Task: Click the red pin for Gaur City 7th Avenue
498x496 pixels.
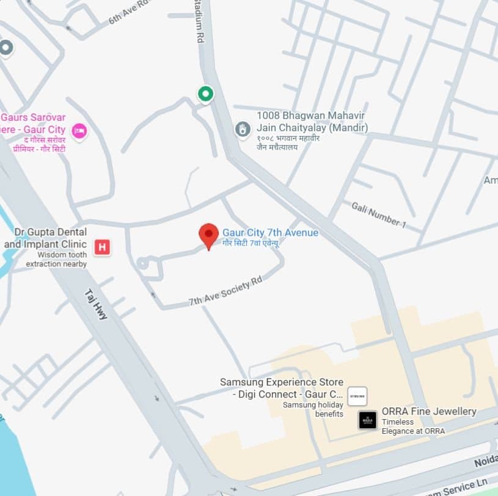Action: click(x=208, y=235)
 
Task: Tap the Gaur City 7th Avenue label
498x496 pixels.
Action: click(x=270, y=233)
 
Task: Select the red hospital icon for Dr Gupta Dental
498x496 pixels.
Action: click(x=102, y=247)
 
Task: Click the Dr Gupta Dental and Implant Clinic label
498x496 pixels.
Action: click(x=46, y=238)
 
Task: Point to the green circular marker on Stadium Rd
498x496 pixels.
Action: click(x=205, y=93)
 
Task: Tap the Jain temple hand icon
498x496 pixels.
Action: click(x=243, y=129)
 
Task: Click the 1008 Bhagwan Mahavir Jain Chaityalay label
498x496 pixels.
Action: click(x=312, y=121)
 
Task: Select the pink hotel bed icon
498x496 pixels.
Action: click(x=79, y=130)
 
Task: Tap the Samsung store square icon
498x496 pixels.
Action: click(x=357, y=396)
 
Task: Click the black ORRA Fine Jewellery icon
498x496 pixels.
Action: click(x=367, y=420)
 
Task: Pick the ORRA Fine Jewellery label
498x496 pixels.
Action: click(x=428, y=411)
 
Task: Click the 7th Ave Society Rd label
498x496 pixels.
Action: click(x=225, y=292)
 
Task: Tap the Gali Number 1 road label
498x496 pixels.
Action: click(x=378, y=214)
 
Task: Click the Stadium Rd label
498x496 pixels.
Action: click(x=199, y=21)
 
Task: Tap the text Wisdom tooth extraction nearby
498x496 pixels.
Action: click(x=56, y=260)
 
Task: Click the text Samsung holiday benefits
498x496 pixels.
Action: click(x=312, y=409)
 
